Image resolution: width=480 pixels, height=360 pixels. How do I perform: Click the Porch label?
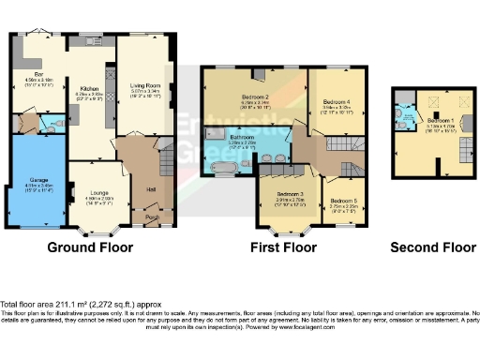pos(152,219)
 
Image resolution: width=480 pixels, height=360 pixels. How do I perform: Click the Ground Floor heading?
pos(90,248)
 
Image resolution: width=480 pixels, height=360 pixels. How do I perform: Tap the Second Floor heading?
pos(433,248)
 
